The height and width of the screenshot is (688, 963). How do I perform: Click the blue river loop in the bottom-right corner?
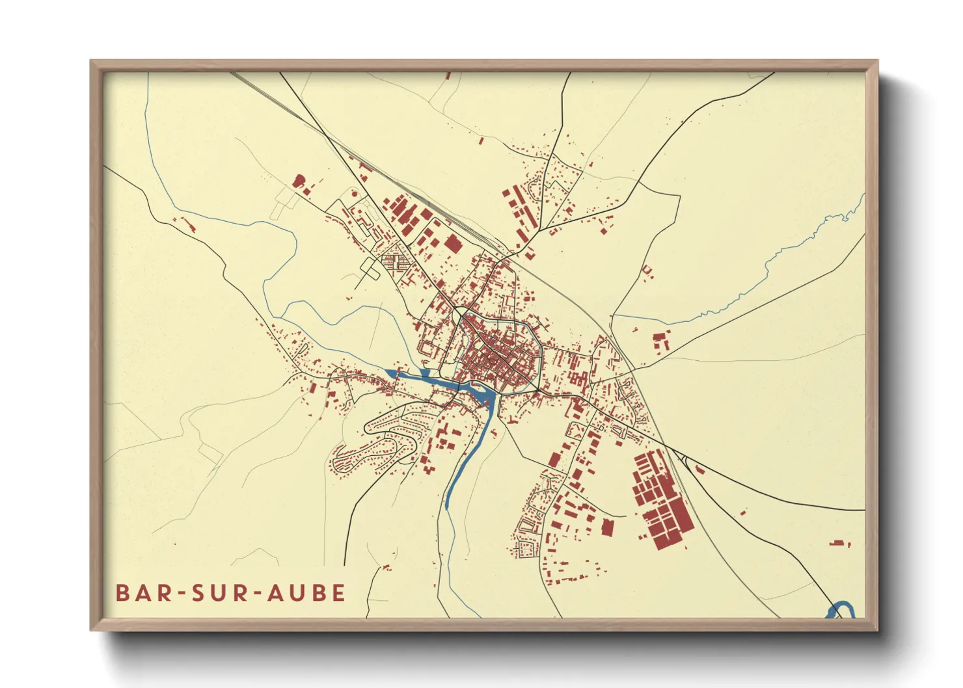coord(840,610)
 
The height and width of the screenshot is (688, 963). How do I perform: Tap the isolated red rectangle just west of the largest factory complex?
coord(606,527)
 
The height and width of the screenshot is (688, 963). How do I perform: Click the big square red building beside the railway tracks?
coord(452,244)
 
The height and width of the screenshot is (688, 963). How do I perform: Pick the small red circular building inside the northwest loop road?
coord(354,192)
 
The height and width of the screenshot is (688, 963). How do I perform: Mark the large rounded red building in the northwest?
coord(299,181)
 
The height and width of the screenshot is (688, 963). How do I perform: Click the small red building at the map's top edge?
coord(448,76)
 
